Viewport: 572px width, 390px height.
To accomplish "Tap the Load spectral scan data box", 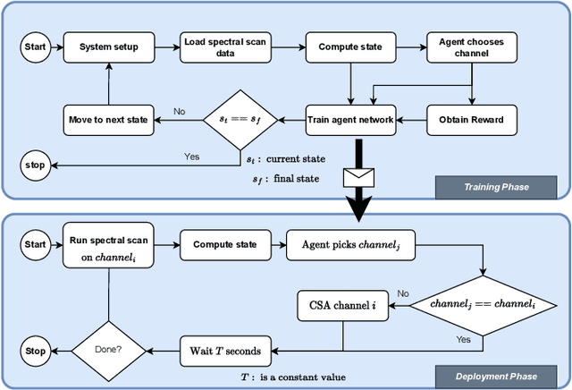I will click(221, 47).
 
